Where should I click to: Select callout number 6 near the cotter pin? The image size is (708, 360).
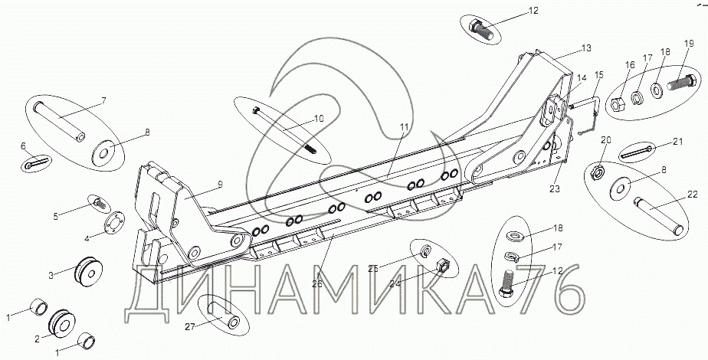(x=24, y=146)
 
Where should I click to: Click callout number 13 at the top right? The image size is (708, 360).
(x=585, y=47)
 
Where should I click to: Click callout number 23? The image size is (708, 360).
(x=554, y=187)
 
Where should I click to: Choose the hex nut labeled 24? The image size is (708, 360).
(x=441, y=267)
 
